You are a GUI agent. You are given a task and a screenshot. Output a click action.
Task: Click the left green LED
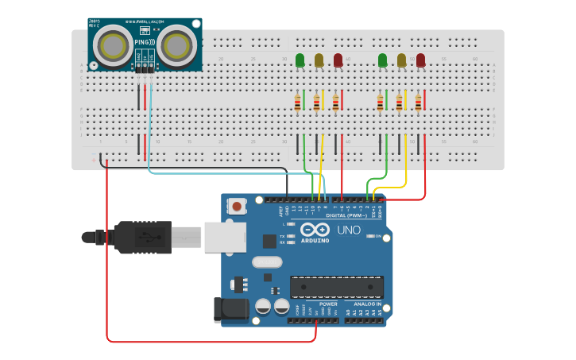click(x=300, y=60)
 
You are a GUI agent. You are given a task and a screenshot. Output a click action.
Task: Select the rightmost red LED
click(x=420, y=60)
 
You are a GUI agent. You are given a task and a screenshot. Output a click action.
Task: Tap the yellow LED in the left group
click(x=319, y=60)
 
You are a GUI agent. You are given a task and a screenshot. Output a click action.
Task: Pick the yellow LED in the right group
click(x=401, y=60)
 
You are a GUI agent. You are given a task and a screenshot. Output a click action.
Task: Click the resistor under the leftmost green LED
click(x=298, y=103)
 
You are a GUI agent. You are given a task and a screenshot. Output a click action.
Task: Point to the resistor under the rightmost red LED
click(x=419, y=103)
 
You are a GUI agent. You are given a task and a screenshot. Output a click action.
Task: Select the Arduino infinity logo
click(x=315, y=230)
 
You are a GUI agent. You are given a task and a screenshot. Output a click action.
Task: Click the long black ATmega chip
click(x=337, y=287)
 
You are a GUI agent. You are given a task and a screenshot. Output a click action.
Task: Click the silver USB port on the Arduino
click(x=225, y=237)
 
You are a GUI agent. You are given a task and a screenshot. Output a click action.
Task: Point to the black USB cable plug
click(x=143, y=236)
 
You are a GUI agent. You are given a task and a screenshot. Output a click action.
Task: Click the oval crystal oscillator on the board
click(x=267, y=261)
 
